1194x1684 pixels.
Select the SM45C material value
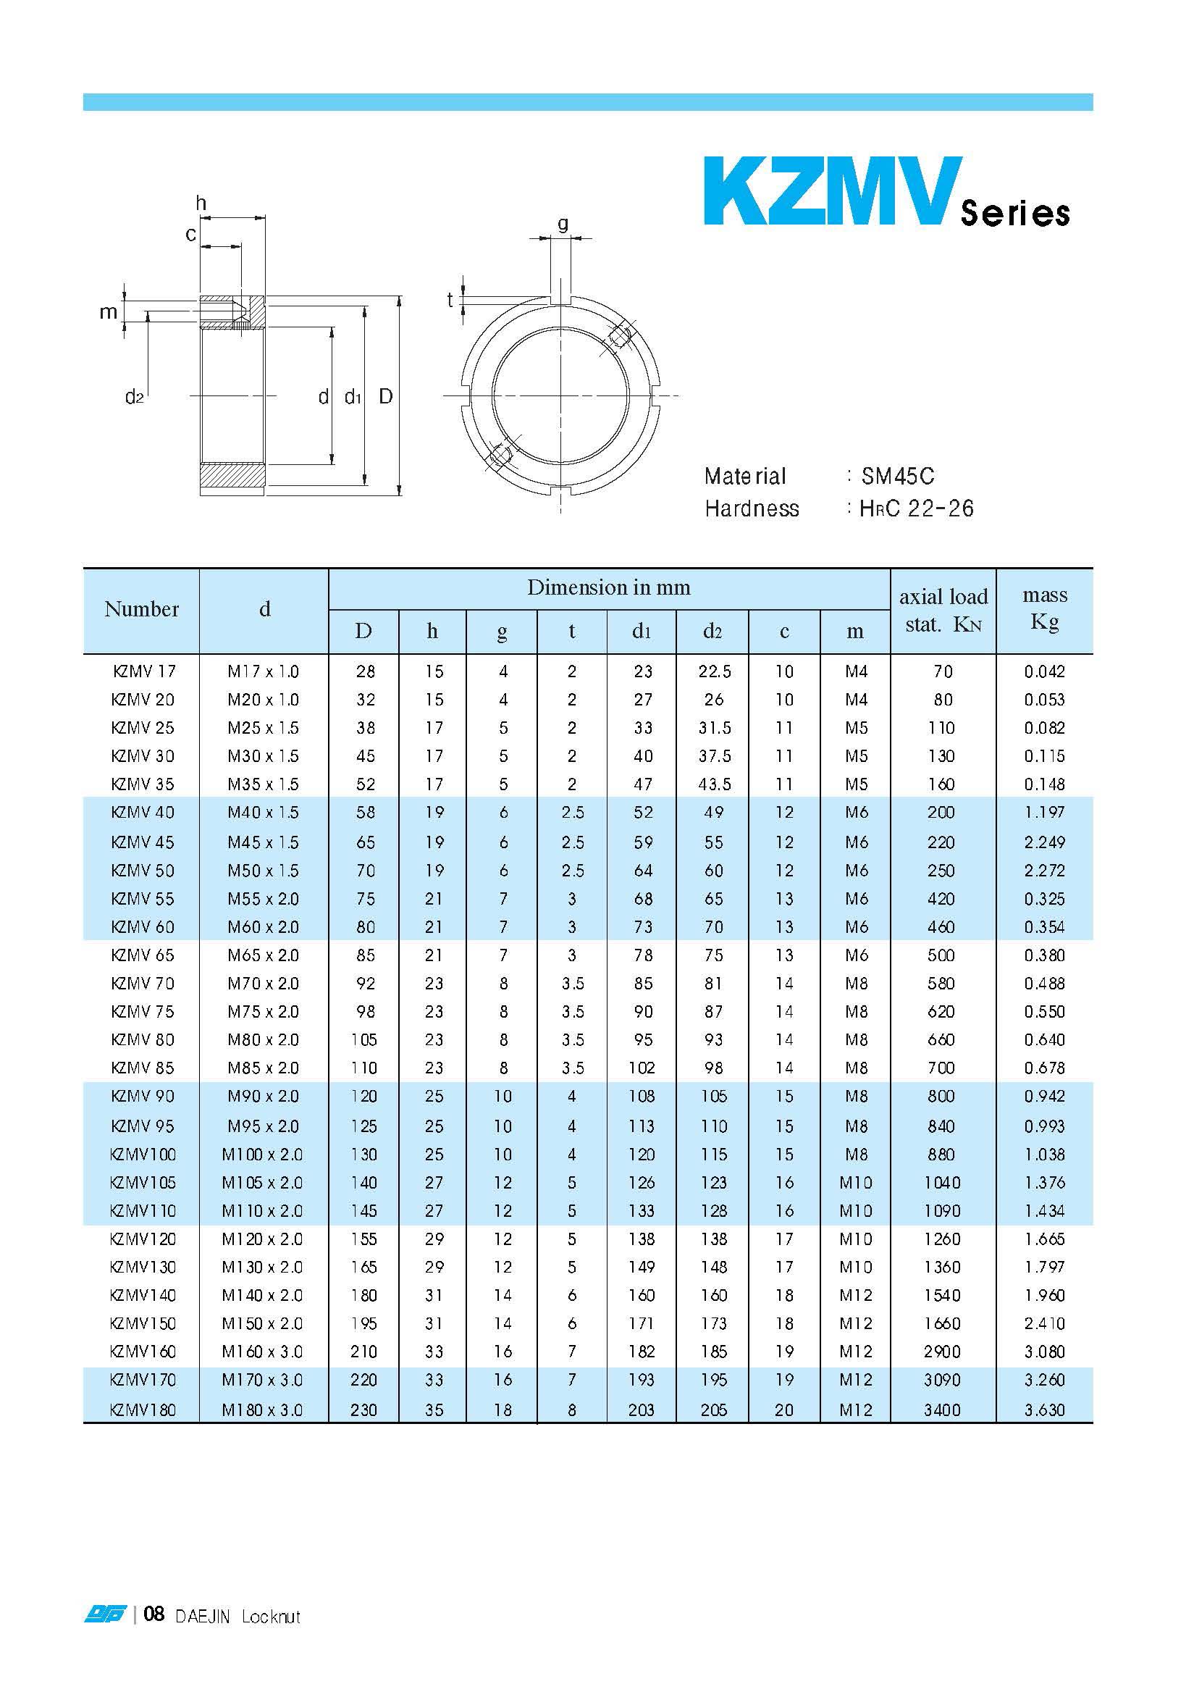click(898, 477)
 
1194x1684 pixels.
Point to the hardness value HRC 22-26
click(916, 508)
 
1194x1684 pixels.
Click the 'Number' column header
click(142, 609)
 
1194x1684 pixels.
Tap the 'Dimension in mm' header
click(609, 587)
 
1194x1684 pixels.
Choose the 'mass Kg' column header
click(1045, 608)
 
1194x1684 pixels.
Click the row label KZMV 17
click(145, 671)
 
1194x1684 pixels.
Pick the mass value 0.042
click(1045, 671)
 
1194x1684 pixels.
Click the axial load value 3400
click(942, 1410)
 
